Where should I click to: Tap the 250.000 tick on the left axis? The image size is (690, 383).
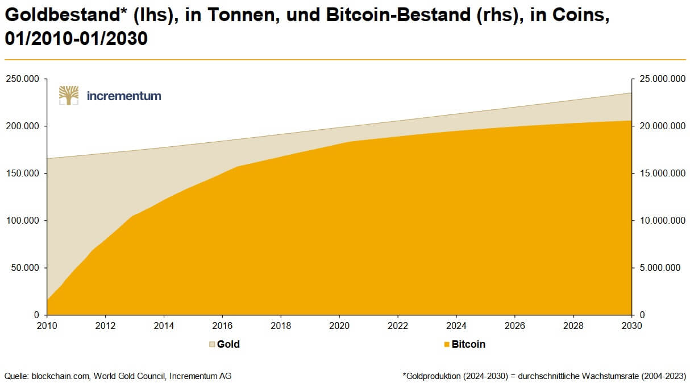tap(23, 79)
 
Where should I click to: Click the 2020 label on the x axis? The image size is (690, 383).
tap(339, 326)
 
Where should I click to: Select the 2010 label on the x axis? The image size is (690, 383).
tap(47, 326)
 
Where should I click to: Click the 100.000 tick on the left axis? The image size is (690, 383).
tap(23, 220)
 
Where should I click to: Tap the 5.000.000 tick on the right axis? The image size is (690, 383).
tap(657, 267)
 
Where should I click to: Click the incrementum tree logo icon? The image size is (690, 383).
tap(69, 96)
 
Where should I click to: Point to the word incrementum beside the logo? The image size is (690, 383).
tap(124, 96)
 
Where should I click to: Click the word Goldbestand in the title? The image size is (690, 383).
tap(61, 16)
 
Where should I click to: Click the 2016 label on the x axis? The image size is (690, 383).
tap(222, 326)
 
